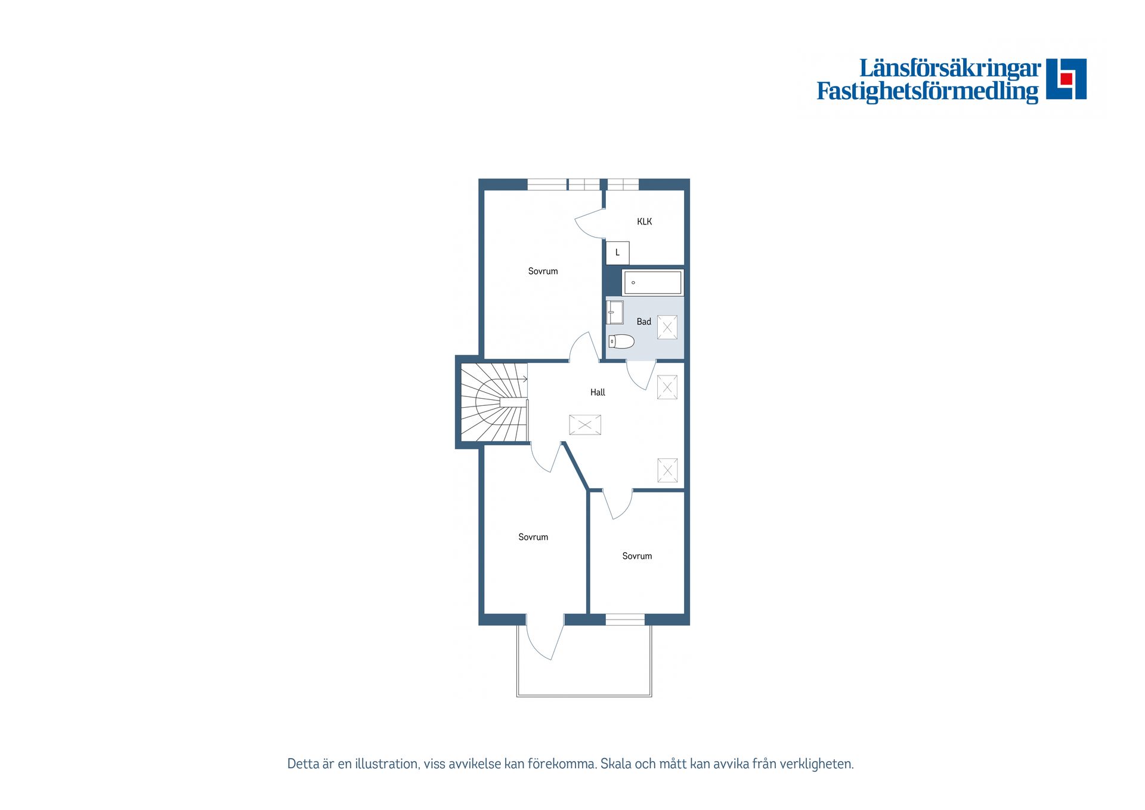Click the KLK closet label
click(x=644, y=221)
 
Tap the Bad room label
click(x=643, y=322)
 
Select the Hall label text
click(x=598, y=392)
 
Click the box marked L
click(x=617, y=253)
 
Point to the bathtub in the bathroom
click(x=652, y=282)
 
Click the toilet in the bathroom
click(x=621, y=341)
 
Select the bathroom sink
click(x=615, y=312)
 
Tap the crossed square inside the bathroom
click(x=667, y=327)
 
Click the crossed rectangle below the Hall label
click(x=584, y=425)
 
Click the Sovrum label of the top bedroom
click(x=543, y=271)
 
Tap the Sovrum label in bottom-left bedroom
click(x=533, y=537)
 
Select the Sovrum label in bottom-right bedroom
click(x=637, y=556)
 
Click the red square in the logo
click(x=1066, y=79)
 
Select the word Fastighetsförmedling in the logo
click(x=927, y=91)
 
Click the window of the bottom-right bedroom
click(x=625, y=620)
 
